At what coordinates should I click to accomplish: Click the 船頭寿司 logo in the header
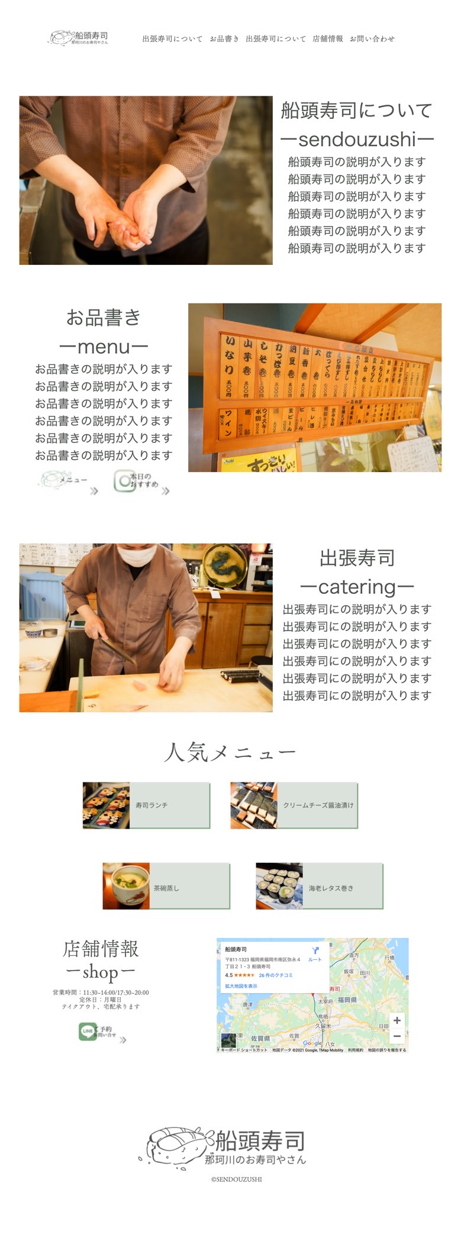pyautogui.click(x=79, y=38)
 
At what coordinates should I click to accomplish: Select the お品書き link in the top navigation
pyautogui.click(x=224, y=39)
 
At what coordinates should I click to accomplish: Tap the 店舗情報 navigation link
pyautogui.click(x=327, y=39)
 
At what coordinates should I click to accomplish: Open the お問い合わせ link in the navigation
pyautogui.click(x=372, y=39)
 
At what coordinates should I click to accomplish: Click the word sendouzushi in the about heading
pyautogui.click(x=357, y=140)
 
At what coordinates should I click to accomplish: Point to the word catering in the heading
pyautogui.click(x=357, y=587)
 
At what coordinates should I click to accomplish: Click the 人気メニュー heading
pyautogui.click(x=230, y=752)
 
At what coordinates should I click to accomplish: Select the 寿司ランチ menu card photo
pyautogui.click(x=107, y=805)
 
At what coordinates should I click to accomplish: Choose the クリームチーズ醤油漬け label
pyautogui.click(x=318, y=806)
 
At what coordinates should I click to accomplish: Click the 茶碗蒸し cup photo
pyautogui.click(x=126, y=885)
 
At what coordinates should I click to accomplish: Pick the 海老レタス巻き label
pyautogui.click(x=331, y=888)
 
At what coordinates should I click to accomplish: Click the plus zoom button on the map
pyautogui.click(x=397, y=1020)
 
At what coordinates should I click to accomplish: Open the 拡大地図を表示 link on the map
pyautogui.click(x=241, y=986)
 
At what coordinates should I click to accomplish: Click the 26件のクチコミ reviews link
pyautogui.click(x=276, y=975)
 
